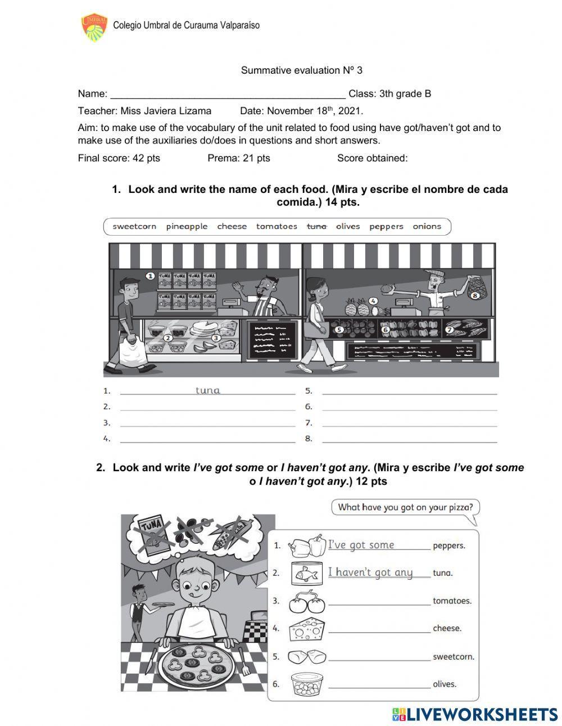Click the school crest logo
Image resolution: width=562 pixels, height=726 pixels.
[94, 28]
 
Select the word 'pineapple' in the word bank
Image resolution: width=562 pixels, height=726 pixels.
[187, 227]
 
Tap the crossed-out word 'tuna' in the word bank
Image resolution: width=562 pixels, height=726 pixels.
[316, 227]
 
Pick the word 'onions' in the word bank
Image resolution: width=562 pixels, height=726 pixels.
[427, 227]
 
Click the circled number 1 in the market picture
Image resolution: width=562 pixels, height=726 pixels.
[150, 276]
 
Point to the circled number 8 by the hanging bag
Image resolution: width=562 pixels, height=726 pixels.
[474, 295]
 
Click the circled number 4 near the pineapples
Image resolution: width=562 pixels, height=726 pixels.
[373, 301]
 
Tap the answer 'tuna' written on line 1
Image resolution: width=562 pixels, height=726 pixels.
[207, 390]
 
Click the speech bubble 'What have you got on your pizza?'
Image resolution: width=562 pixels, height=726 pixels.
[405, 507]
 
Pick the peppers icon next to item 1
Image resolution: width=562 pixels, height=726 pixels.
[307, 545]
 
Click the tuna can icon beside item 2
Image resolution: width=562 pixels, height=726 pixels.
[307, 573]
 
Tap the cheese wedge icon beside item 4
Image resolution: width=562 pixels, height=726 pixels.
[307, 628]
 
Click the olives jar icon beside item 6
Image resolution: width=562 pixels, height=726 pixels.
[307, 684]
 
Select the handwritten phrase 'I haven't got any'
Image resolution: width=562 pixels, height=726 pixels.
[370, 572]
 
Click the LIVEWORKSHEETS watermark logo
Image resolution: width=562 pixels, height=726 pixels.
[475, 714]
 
